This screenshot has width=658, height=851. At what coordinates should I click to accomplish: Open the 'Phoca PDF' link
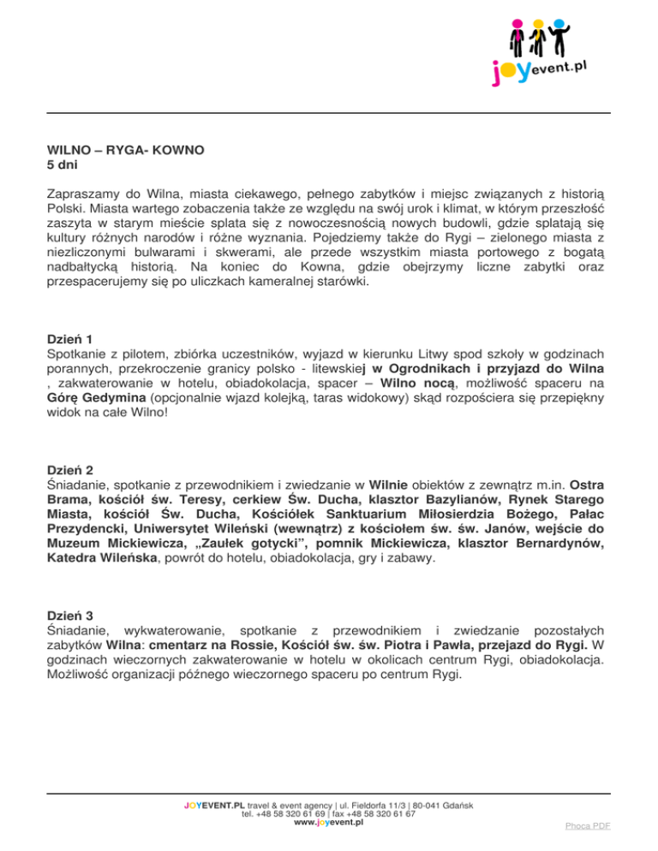point(588,825)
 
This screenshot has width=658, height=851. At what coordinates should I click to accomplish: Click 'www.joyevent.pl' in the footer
point(328,822)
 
